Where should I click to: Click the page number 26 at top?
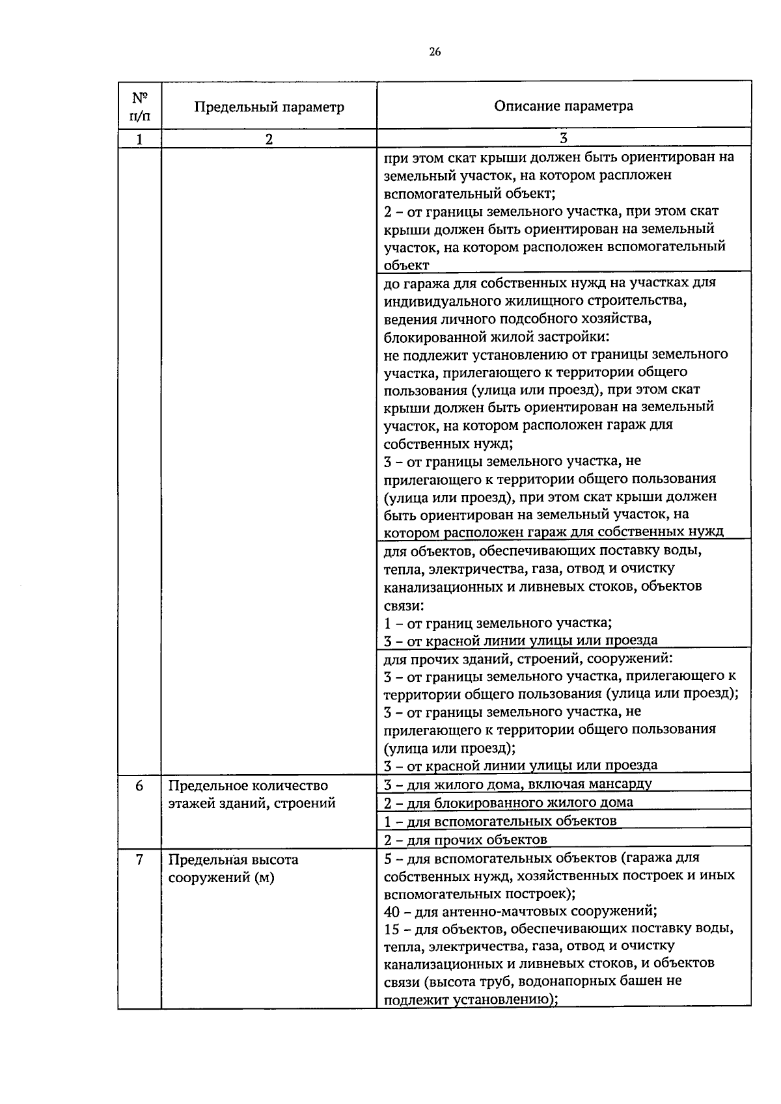[435, 53]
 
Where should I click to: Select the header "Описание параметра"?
[563, 106]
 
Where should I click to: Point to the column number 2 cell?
[269, 139]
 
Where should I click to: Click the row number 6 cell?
[139, 785]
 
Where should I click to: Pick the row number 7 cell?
[139, 859]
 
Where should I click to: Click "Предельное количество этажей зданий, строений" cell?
[252, 794]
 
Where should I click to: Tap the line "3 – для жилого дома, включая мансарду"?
[517, 784]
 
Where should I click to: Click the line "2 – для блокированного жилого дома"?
[508, 802]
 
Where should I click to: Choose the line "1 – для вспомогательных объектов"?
[500, 820]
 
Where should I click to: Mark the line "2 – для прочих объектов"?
[465, 839]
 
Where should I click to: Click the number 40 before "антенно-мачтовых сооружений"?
[392, 911]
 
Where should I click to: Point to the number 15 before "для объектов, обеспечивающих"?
[392, 928]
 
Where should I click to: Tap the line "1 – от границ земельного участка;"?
[497, 623]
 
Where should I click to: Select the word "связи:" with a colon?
[404, 605]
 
